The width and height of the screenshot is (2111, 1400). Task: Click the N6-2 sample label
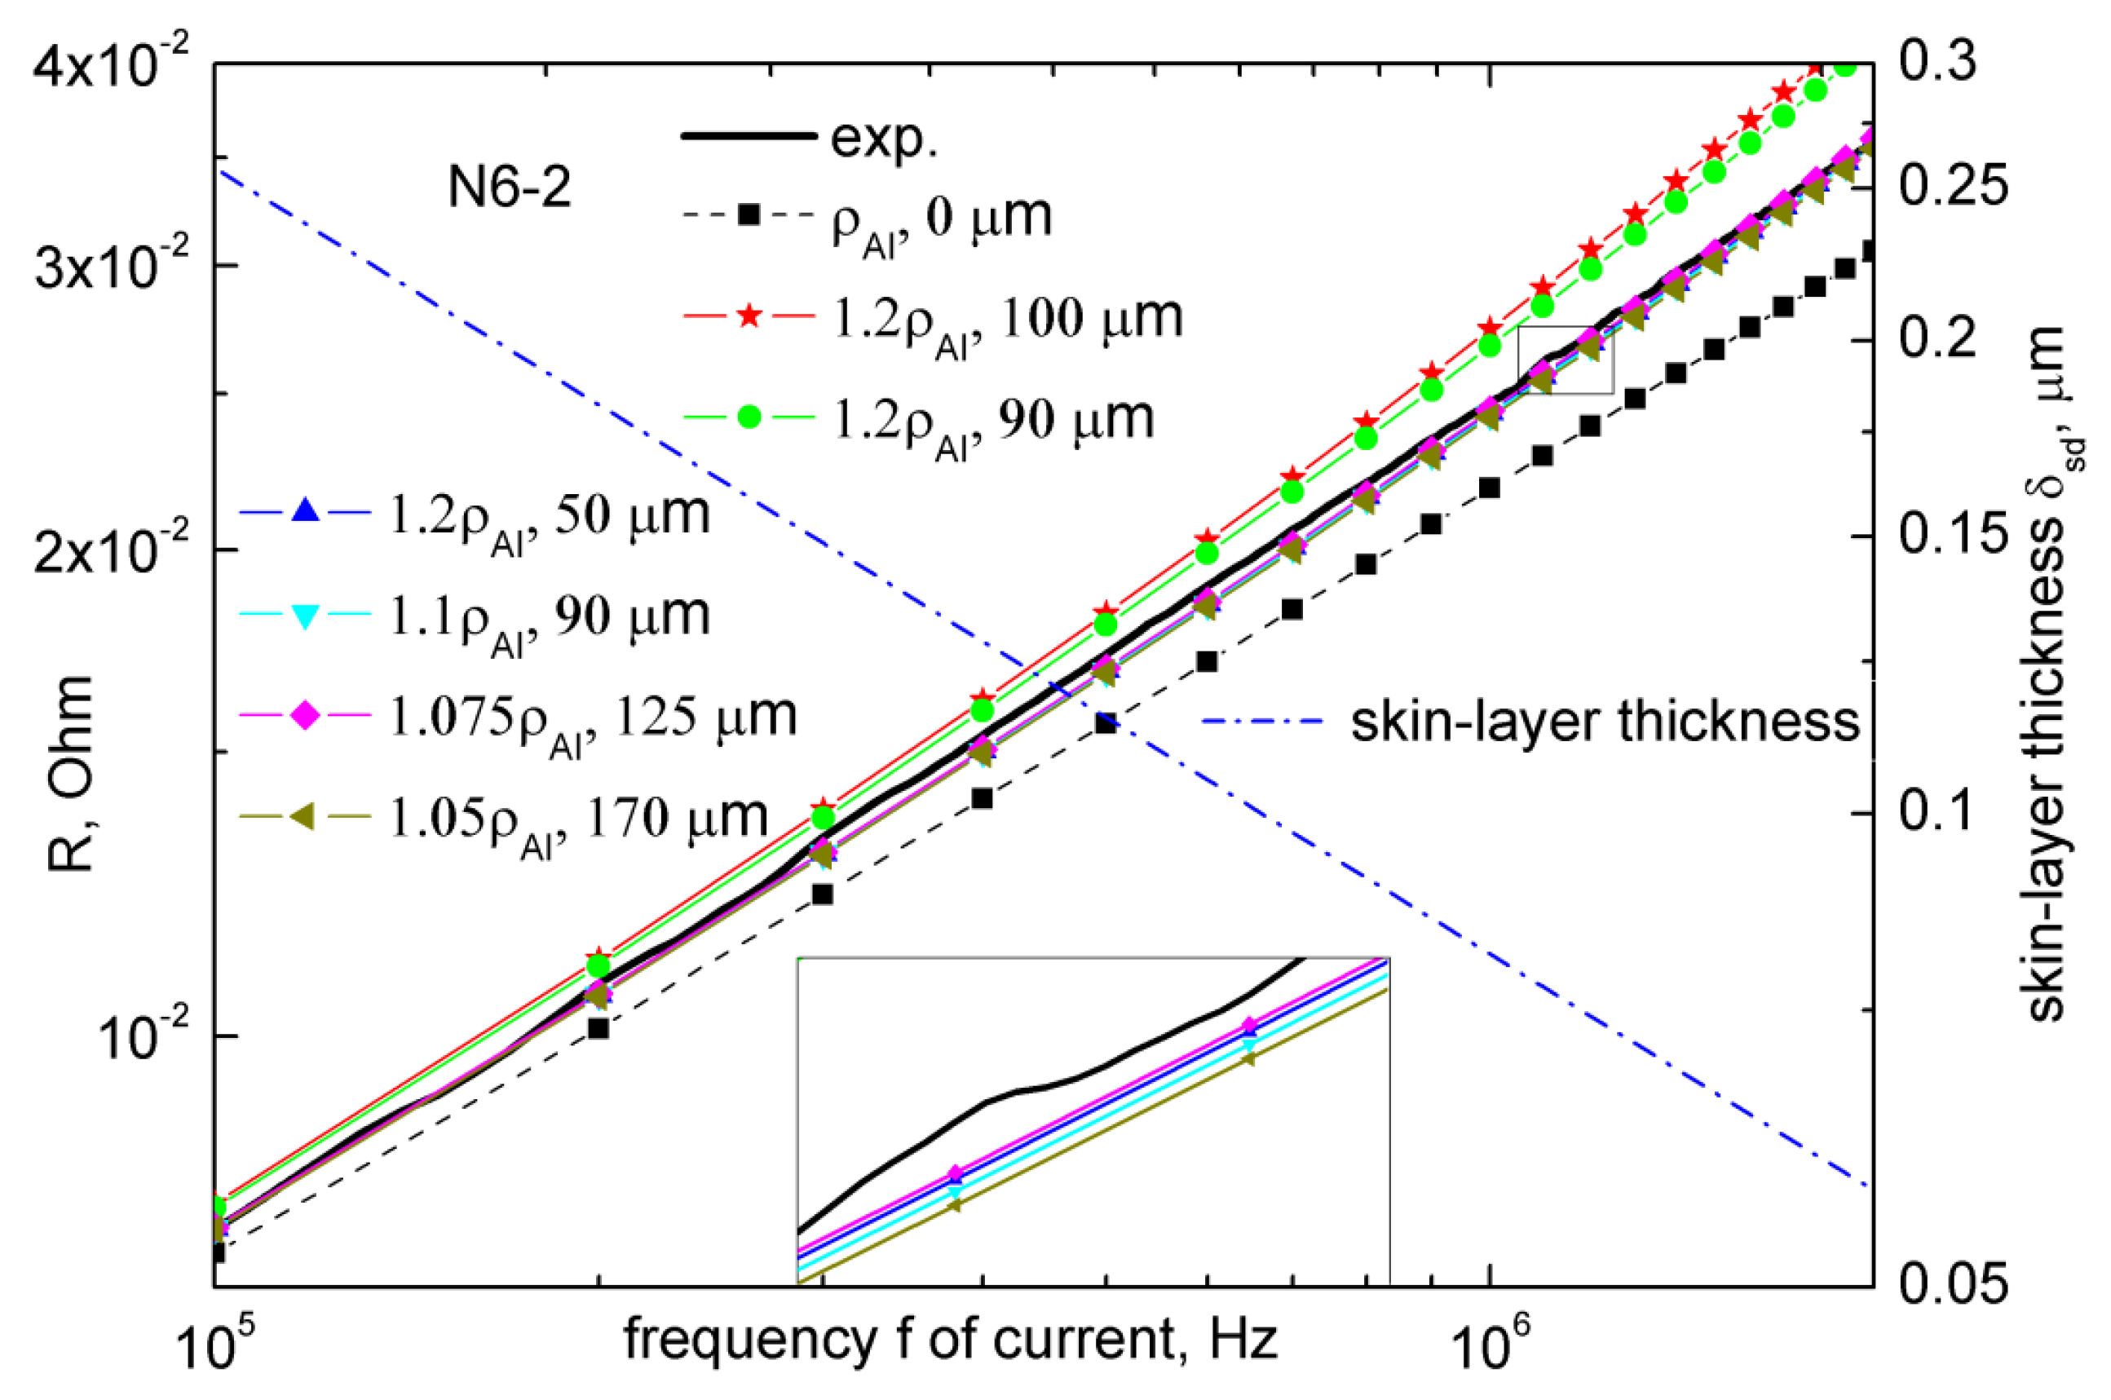click(x=509, y=189)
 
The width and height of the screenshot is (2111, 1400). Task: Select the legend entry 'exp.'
click(x=883, y=139)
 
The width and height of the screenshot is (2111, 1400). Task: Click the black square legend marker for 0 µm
click(x=749, y=215)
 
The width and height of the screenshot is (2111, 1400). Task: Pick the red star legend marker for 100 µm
click(x=749, y=316)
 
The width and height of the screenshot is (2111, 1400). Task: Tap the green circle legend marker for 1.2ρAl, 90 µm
click(x=749, y=417)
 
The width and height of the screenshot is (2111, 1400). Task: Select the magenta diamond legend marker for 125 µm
click(x=305, y=716)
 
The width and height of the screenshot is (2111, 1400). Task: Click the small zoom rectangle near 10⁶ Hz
click(x=1565, y=360)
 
